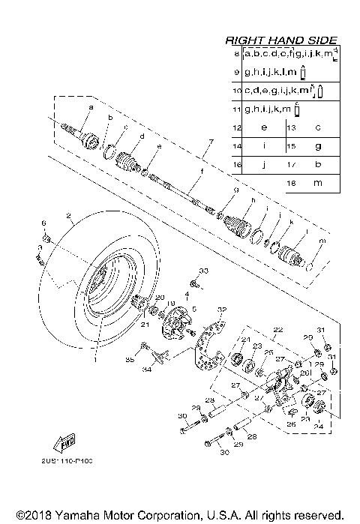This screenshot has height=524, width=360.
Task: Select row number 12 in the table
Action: tap(235, 127)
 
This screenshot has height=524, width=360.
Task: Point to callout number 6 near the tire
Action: tap(43, 224)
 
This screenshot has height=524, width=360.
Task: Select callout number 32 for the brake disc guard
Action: tap(221, 310)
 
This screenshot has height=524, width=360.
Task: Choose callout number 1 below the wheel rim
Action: tap(94, 361)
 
